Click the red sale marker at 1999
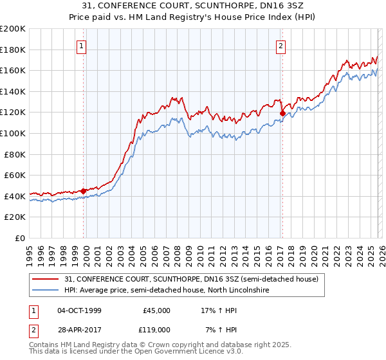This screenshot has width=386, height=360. tap(83, 190)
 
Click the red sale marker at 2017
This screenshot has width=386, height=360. tap(282, 114)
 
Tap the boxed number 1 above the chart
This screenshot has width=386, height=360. tap(82, 46)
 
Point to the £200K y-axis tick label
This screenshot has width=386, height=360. tap(13, 29)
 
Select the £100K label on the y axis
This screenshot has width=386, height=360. tap(13, 133)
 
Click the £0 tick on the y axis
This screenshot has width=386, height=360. tap(20, 238)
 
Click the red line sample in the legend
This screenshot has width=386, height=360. tap(46, 280)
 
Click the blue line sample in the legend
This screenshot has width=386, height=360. tap(46, 291)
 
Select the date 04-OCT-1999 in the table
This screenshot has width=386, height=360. tap(79, 310)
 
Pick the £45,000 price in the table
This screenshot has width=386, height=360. tap(156, 310)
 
